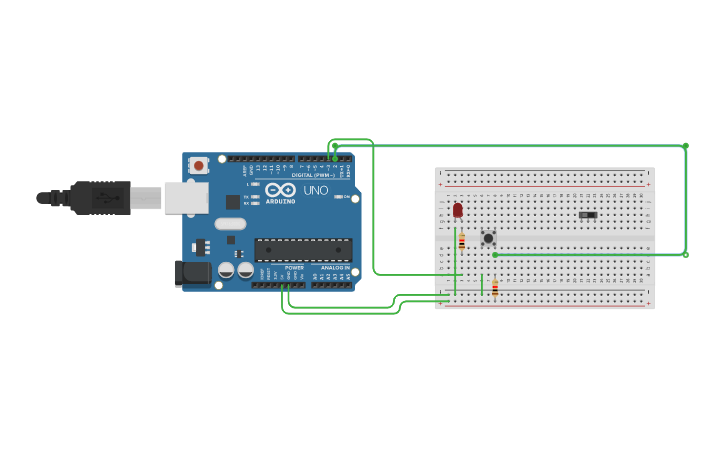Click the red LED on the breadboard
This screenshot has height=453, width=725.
458,210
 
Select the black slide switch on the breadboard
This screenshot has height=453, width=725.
588,215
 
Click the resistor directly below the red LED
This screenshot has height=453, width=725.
461,241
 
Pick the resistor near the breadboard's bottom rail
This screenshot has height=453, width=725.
494,288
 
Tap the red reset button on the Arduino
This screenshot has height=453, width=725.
199,165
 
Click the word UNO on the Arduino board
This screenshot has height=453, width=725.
316,190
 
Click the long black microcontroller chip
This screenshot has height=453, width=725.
303,249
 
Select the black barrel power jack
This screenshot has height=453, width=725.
192,272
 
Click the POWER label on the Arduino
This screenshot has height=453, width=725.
294,268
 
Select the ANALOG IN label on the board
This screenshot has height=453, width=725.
335,268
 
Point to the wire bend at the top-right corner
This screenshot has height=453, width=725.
685,146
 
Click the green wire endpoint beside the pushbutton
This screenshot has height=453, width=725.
495,254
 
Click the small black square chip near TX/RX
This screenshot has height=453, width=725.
233,202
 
